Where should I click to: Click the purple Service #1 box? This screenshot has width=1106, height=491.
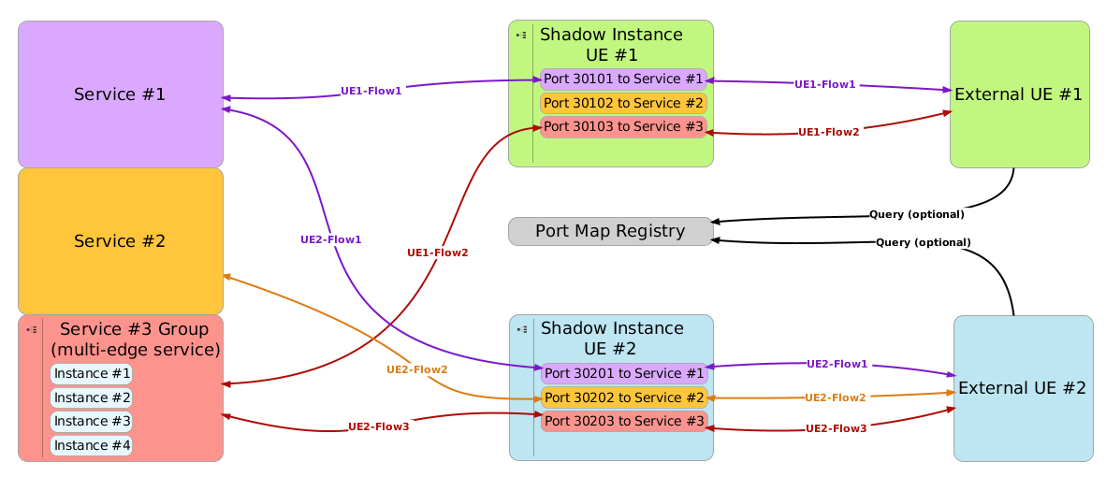coord(120,94)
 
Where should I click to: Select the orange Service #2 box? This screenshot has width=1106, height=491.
coord(120,240)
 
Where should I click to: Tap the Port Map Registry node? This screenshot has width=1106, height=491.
coord(610,231)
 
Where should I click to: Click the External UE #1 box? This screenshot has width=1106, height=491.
coord(1019,94)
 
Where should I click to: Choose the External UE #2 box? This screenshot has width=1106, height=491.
coord(1023,388)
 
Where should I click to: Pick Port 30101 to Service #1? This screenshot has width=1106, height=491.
coord(623,79)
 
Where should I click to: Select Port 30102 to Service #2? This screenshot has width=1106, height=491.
coord(623,103)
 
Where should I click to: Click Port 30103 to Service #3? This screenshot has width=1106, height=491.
coord(623,126)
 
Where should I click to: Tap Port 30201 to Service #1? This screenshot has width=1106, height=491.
coord(623,373)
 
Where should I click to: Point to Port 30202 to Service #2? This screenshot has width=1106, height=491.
coord(623,397)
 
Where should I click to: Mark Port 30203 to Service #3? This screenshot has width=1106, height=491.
coord(623,421)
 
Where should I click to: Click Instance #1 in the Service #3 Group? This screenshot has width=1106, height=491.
coord(92,374)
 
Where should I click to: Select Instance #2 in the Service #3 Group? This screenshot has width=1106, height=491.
coord(92,397)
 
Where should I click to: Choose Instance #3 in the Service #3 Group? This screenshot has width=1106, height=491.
coord(92,421)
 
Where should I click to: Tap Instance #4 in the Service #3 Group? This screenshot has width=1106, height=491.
coord(92,445)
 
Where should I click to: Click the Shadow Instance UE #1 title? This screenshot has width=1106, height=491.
coord(611,44)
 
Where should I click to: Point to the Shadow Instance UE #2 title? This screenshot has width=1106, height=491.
coord(611,339)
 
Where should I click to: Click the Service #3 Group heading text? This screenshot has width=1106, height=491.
coord(134,339)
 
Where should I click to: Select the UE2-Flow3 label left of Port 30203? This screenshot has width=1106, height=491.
coord(378,426)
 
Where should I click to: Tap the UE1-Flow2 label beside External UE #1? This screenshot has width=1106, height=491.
coord(828,132)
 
